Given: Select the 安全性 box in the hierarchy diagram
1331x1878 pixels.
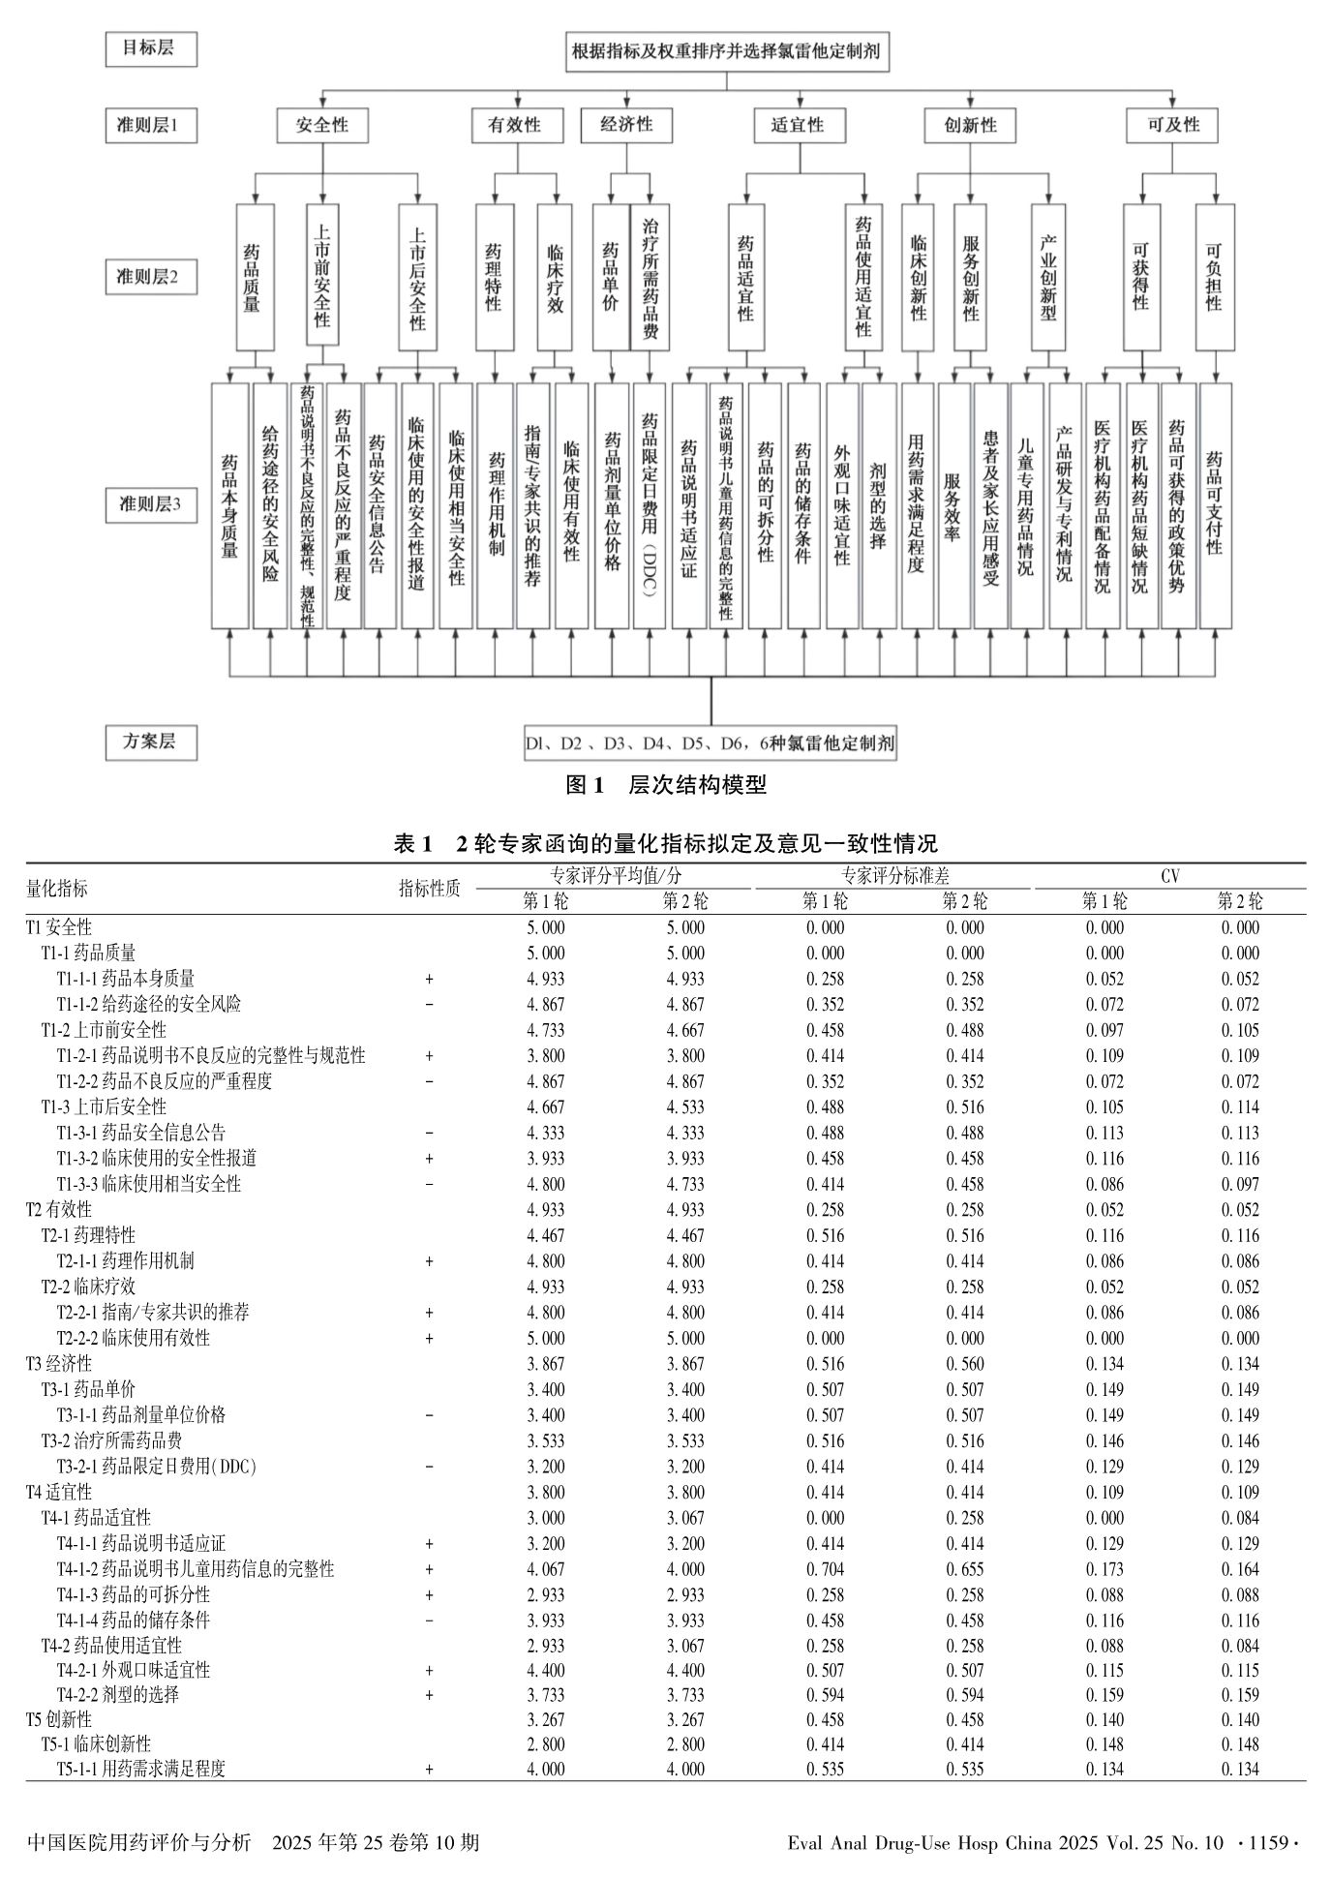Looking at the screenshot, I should (x=322, y=126).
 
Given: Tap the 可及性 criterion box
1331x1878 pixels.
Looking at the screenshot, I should (x=1172, y=126).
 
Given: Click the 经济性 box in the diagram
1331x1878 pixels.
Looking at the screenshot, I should (x=626, y=126).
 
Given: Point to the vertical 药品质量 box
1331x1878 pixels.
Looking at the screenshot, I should (x=254, y=277).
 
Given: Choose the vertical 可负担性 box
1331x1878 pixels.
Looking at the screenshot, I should (x=1214, y=277).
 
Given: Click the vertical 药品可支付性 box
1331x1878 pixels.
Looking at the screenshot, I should (x=1215, y=504).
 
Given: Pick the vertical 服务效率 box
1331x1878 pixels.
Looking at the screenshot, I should (x=953, y=504).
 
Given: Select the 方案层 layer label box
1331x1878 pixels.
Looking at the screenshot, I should (x=151, y=742).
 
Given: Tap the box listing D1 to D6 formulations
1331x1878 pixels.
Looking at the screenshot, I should (x=710, y=743).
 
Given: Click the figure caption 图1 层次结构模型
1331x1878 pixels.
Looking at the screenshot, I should (x=665, y=785).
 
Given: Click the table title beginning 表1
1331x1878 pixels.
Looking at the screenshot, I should (x=665, y=844).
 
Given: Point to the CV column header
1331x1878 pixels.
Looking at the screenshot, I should (x=1169, y=876).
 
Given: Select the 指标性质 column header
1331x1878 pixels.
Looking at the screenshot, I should (x=430, y=889).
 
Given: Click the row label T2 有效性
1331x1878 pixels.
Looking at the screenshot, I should (x=59, y=1210).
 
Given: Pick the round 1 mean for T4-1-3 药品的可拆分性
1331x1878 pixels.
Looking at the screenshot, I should (x=546, y=1594).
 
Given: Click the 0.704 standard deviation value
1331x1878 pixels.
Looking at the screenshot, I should (x=825, y=1569).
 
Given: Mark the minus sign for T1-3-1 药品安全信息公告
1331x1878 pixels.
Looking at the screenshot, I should (x=429, y=1133).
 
